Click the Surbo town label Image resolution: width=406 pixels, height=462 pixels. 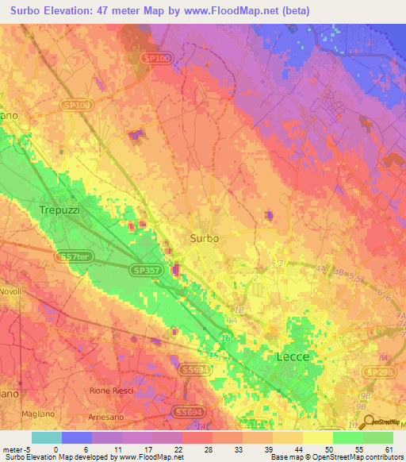205,237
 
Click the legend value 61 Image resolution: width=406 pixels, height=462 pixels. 387,449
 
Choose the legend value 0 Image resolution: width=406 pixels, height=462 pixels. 56,449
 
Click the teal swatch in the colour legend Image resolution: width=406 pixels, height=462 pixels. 46,437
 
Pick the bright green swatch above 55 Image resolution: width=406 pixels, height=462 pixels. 347,437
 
